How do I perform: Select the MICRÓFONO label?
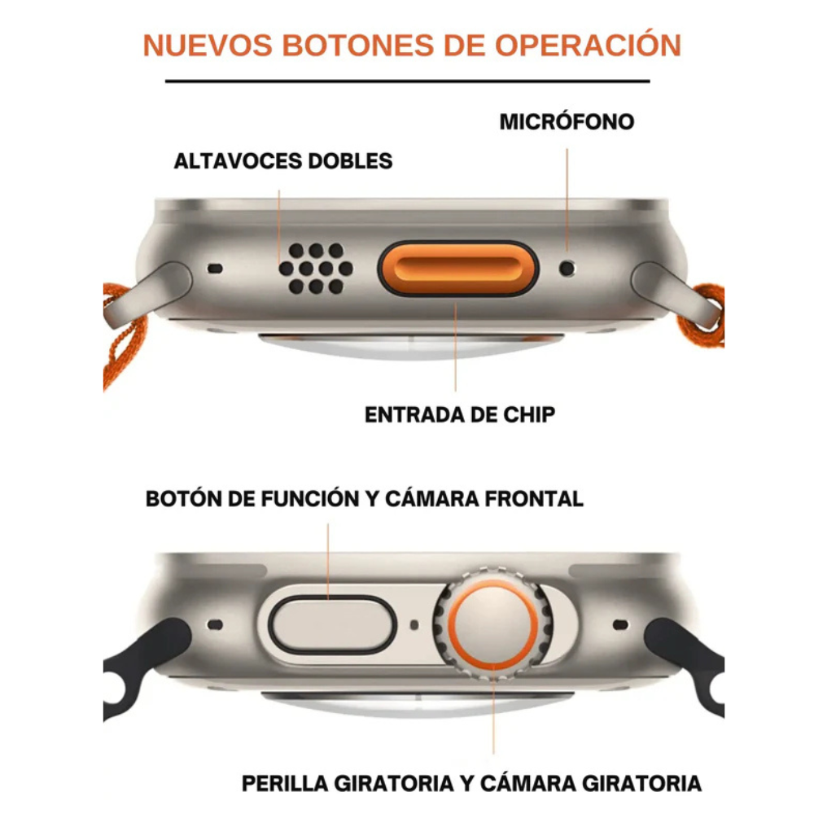(567, 122)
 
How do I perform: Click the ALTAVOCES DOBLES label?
(283, 160)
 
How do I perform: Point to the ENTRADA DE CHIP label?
(460, 414)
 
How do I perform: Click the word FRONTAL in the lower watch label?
(535, 498)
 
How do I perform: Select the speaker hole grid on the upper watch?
(315, 268)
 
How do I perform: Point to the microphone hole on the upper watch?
(568, 266)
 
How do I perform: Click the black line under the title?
(407, 81)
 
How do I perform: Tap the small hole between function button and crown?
(414, 625)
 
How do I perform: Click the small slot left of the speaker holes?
(215, 267)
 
